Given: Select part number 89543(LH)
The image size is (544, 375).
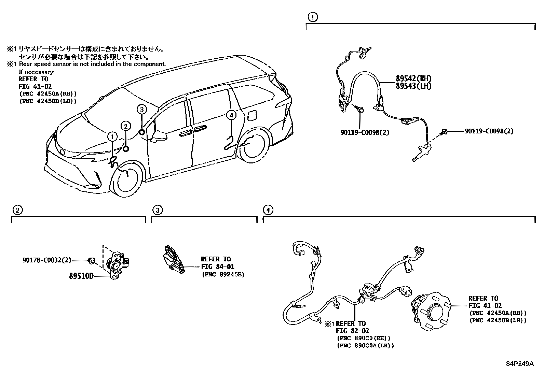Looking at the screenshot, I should (413, 86).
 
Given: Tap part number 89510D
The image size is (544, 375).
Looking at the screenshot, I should (81, 276).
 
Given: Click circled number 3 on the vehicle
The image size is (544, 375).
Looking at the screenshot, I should (142, 109).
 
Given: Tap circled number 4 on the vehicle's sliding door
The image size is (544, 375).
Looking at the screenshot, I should (231, 115).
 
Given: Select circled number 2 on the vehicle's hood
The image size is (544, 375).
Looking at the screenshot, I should (126, 126).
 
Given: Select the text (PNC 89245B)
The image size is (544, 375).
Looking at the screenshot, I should (222, 274).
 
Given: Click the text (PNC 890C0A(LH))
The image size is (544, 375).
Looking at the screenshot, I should (365, 345).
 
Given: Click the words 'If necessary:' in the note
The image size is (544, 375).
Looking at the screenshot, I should (37, 72).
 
